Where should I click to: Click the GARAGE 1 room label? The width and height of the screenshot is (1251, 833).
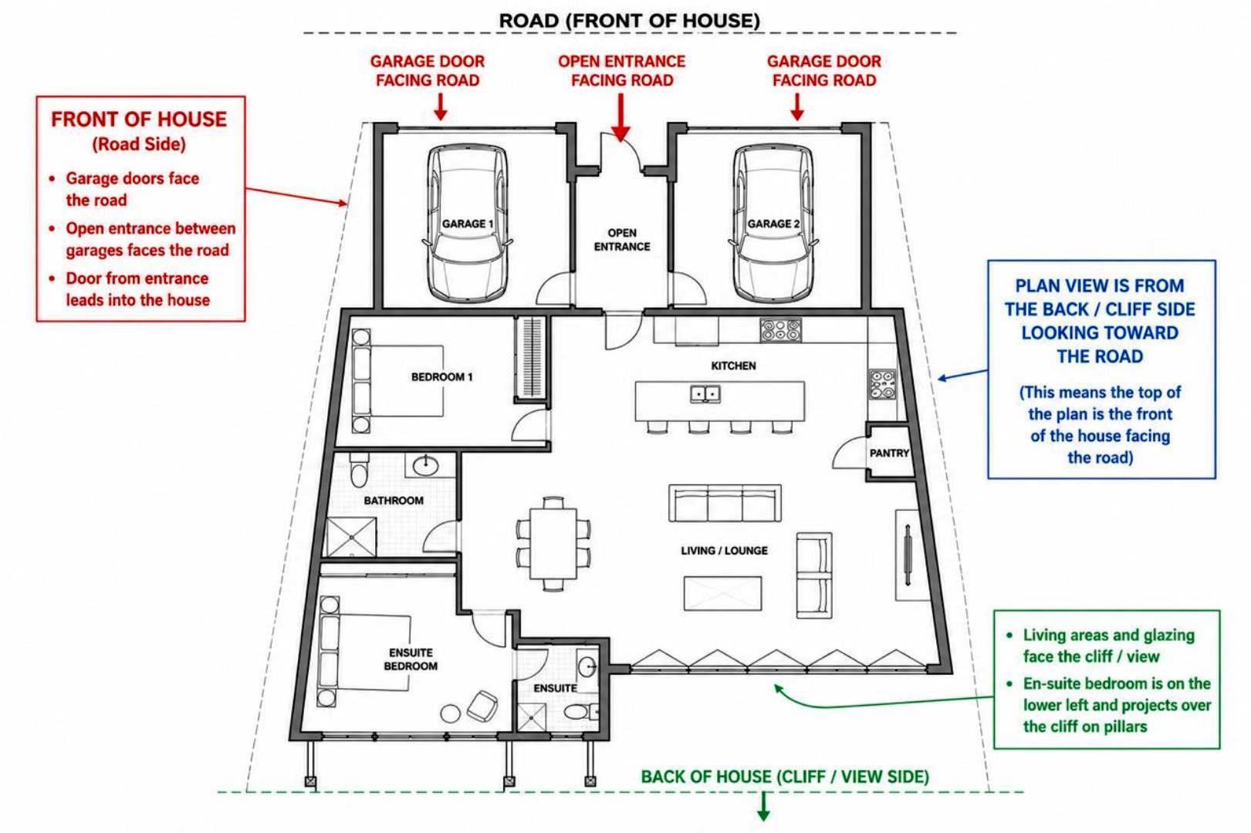468,224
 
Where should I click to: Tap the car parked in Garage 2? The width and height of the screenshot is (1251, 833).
773,223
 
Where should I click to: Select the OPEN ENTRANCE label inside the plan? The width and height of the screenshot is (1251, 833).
621,240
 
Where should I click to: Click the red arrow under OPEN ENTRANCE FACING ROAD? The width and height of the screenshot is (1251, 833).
620,117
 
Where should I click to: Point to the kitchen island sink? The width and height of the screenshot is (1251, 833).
705,393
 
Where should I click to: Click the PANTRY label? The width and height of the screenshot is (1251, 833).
889,454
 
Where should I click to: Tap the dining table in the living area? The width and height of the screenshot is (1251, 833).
553,543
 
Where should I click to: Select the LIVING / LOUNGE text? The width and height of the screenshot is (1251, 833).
724,551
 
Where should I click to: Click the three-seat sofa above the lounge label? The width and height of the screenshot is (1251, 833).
725,503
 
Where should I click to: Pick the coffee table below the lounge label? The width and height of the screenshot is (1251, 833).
722,593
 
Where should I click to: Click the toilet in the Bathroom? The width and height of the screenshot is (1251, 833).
359,470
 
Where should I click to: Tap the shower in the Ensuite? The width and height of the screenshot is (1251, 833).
531,717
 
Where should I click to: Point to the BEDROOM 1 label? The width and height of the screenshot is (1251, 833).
441,377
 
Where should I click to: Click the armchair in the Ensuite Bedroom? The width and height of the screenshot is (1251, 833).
482,707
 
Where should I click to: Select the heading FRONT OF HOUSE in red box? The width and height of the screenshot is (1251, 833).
139,120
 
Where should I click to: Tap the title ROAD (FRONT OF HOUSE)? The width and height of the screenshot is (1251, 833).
630,21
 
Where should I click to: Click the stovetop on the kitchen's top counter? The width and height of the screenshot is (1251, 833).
780,330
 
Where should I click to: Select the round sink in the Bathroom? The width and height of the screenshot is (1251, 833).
425,464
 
